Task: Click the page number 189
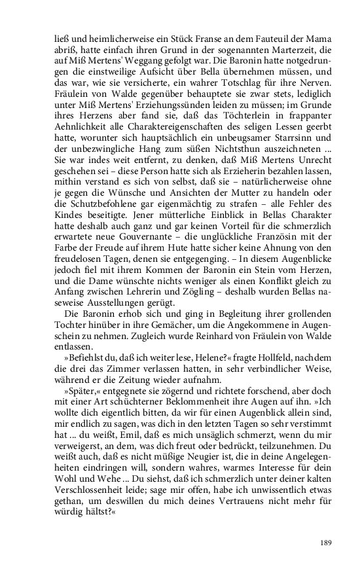[x=321, y=543]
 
